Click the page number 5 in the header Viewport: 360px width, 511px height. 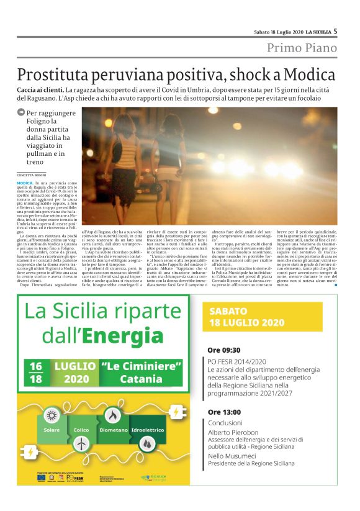coord(335,30)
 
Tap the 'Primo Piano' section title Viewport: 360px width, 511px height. coord(302,48)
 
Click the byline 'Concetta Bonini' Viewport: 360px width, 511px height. coord(31,175)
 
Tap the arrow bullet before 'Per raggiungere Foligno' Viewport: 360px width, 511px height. coord(21,113)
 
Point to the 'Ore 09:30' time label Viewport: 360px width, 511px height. coord(225,350)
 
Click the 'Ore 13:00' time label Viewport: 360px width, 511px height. coord(225,411)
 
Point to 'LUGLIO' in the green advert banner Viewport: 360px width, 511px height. coord(74,366)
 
